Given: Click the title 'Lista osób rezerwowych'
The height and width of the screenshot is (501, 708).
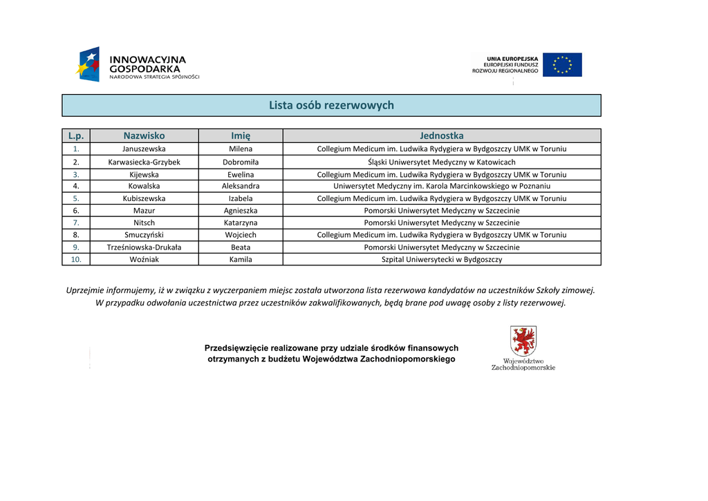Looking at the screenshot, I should (x=331, y=105).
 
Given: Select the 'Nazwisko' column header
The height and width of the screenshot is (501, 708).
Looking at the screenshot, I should (x=144, y=135).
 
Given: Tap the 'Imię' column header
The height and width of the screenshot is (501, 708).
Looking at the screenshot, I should (x=241, y=135).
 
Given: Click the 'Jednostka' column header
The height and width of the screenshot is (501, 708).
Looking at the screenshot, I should (x=441, y=135).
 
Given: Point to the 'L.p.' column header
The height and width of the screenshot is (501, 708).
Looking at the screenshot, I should (x=76, y=135).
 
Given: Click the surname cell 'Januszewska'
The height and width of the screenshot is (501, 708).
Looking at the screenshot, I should (x=144, y=149).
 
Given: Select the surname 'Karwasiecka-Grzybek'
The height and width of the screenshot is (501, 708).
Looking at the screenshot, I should (x=144, y=162).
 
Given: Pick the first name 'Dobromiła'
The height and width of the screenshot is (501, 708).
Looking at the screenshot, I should (x=241, y=162).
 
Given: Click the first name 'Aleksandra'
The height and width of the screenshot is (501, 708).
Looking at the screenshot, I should (x=241, y=186).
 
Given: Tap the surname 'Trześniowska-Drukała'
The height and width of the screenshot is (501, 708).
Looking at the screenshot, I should (x=144, y=247).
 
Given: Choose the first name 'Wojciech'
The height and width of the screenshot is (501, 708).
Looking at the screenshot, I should (x=241, y=235).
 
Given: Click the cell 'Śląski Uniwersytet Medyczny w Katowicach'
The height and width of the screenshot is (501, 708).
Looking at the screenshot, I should (x=441, y=162).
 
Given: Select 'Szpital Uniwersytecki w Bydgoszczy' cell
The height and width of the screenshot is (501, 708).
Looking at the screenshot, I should (x=441, y=260).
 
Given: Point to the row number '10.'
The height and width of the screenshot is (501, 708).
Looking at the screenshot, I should (x=76, y=260).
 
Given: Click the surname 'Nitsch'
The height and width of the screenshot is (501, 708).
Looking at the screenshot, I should (x=144, y=223).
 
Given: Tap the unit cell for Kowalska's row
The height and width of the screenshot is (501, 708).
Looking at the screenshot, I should (x=441, y=186).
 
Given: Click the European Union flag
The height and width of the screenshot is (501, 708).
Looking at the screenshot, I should (x=562, y=65).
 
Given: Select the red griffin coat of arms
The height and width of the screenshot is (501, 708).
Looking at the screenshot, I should (x=523, y=341).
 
